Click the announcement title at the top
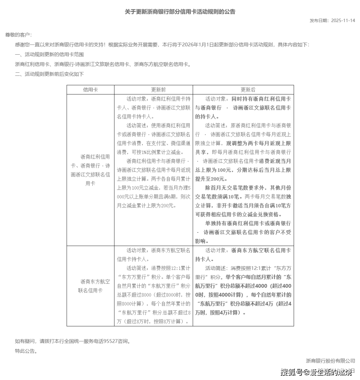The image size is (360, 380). [x=180, y=12]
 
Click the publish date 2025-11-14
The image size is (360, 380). [x=343, y=21]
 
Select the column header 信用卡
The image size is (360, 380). [x=90, y=90]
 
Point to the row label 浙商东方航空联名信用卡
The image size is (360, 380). [x=90, y=286]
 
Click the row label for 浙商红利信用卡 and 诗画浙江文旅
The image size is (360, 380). [x=90, y=170]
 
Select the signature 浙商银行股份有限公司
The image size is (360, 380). [x=330, y=361]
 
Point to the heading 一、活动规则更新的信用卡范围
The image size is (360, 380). [x=49, y=55]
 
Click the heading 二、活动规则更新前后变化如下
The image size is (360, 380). [x=49, y=74]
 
